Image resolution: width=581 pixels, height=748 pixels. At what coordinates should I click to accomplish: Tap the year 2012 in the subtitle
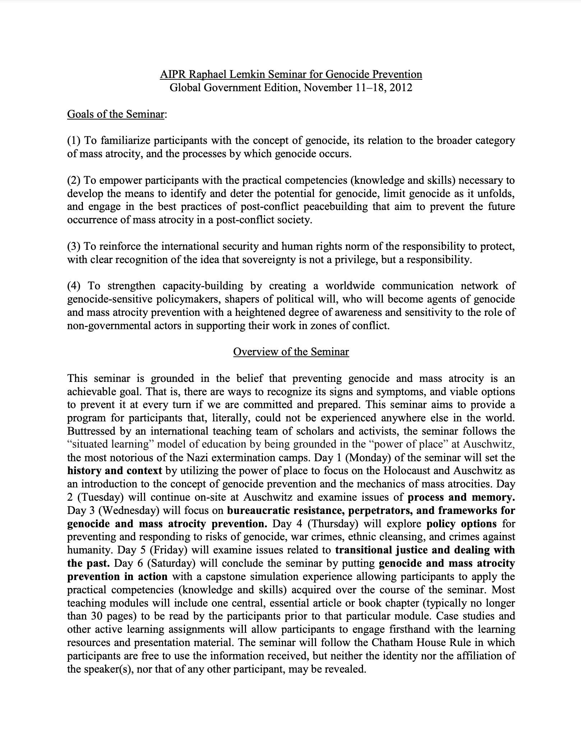coord(401,88)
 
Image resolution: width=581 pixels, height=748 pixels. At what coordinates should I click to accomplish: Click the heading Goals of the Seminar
coord(116,114)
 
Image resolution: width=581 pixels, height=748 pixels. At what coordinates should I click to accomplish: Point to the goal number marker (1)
coord(74,140)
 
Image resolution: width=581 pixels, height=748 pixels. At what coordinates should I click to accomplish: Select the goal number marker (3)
coord(74,246)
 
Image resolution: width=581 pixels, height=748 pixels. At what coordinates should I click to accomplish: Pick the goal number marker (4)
coord(74,286)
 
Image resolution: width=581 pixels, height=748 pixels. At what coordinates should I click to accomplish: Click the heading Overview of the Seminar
coord(291,351)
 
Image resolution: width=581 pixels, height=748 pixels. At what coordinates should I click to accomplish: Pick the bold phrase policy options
coord(461,524)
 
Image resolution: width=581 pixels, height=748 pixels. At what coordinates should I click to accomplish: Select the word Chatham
coord(393,642)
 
